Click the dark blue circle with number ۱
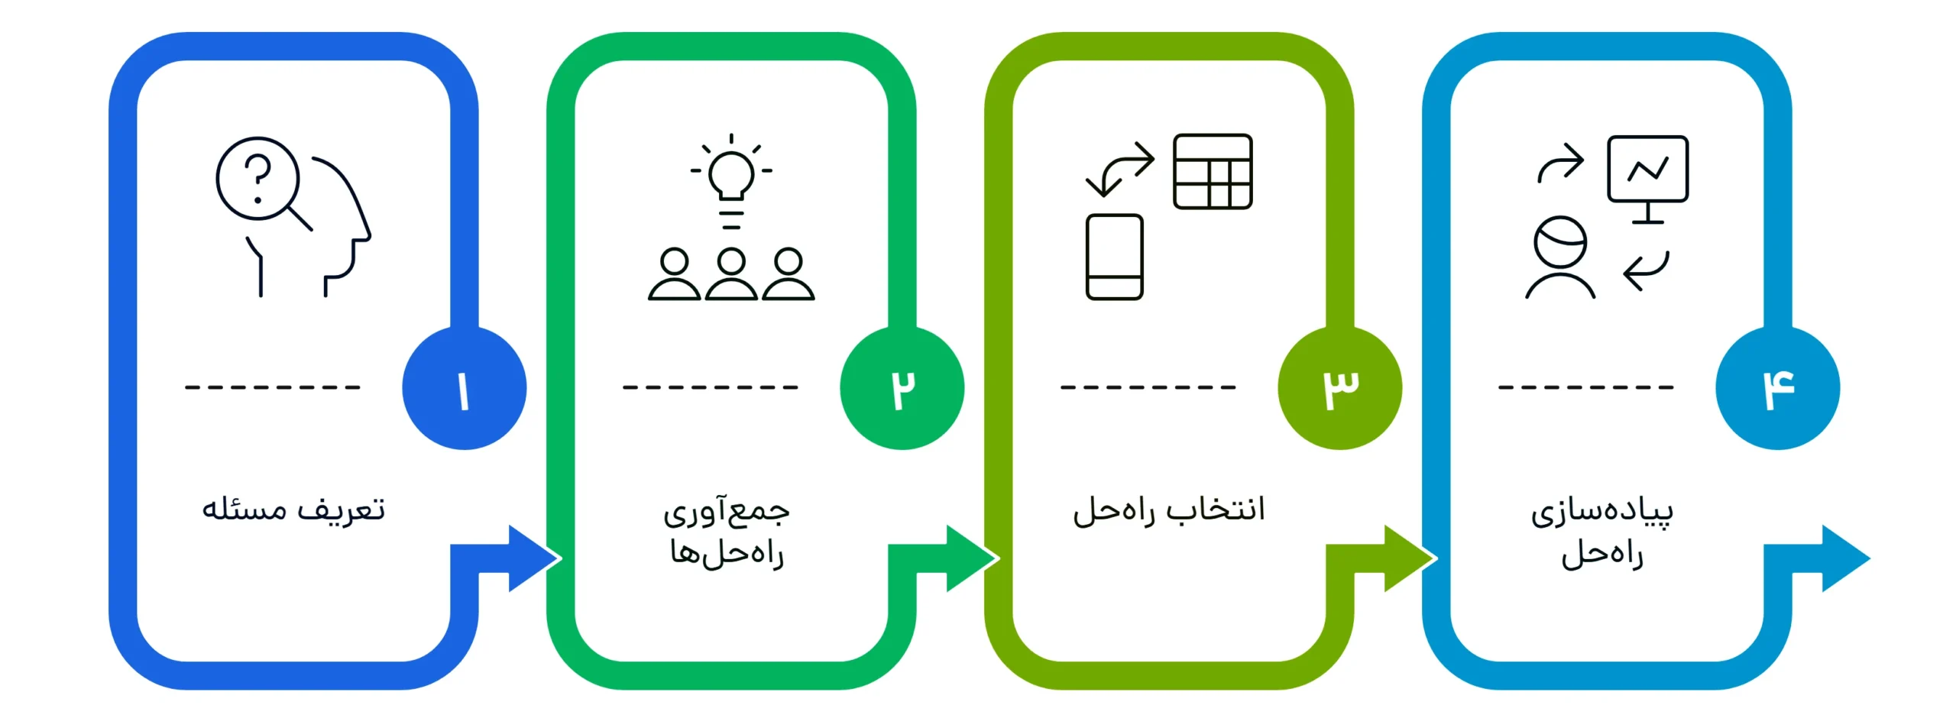[x=464, y=388]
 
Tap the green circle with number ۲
[x=902, y=388]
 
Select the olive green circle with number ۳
[x=1339, y=388]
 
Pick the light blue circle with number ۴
[x=1777, y=388]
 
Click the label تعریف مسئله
[x=293, y=510]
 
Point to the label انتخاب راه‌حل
[x=1169, y=510]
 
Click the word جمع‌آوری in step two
[x=727, y=511]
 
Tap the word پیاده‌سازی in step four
[x=1601, y=511]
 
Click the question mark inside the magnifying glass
[x=258, y=177]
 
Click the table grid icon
[x=1213, y=171]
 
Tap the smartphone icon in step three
[x=1114, y=257]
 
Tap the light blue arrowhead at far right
[x=1844, y=558]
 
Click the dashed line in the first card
[x=272, y=387]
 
